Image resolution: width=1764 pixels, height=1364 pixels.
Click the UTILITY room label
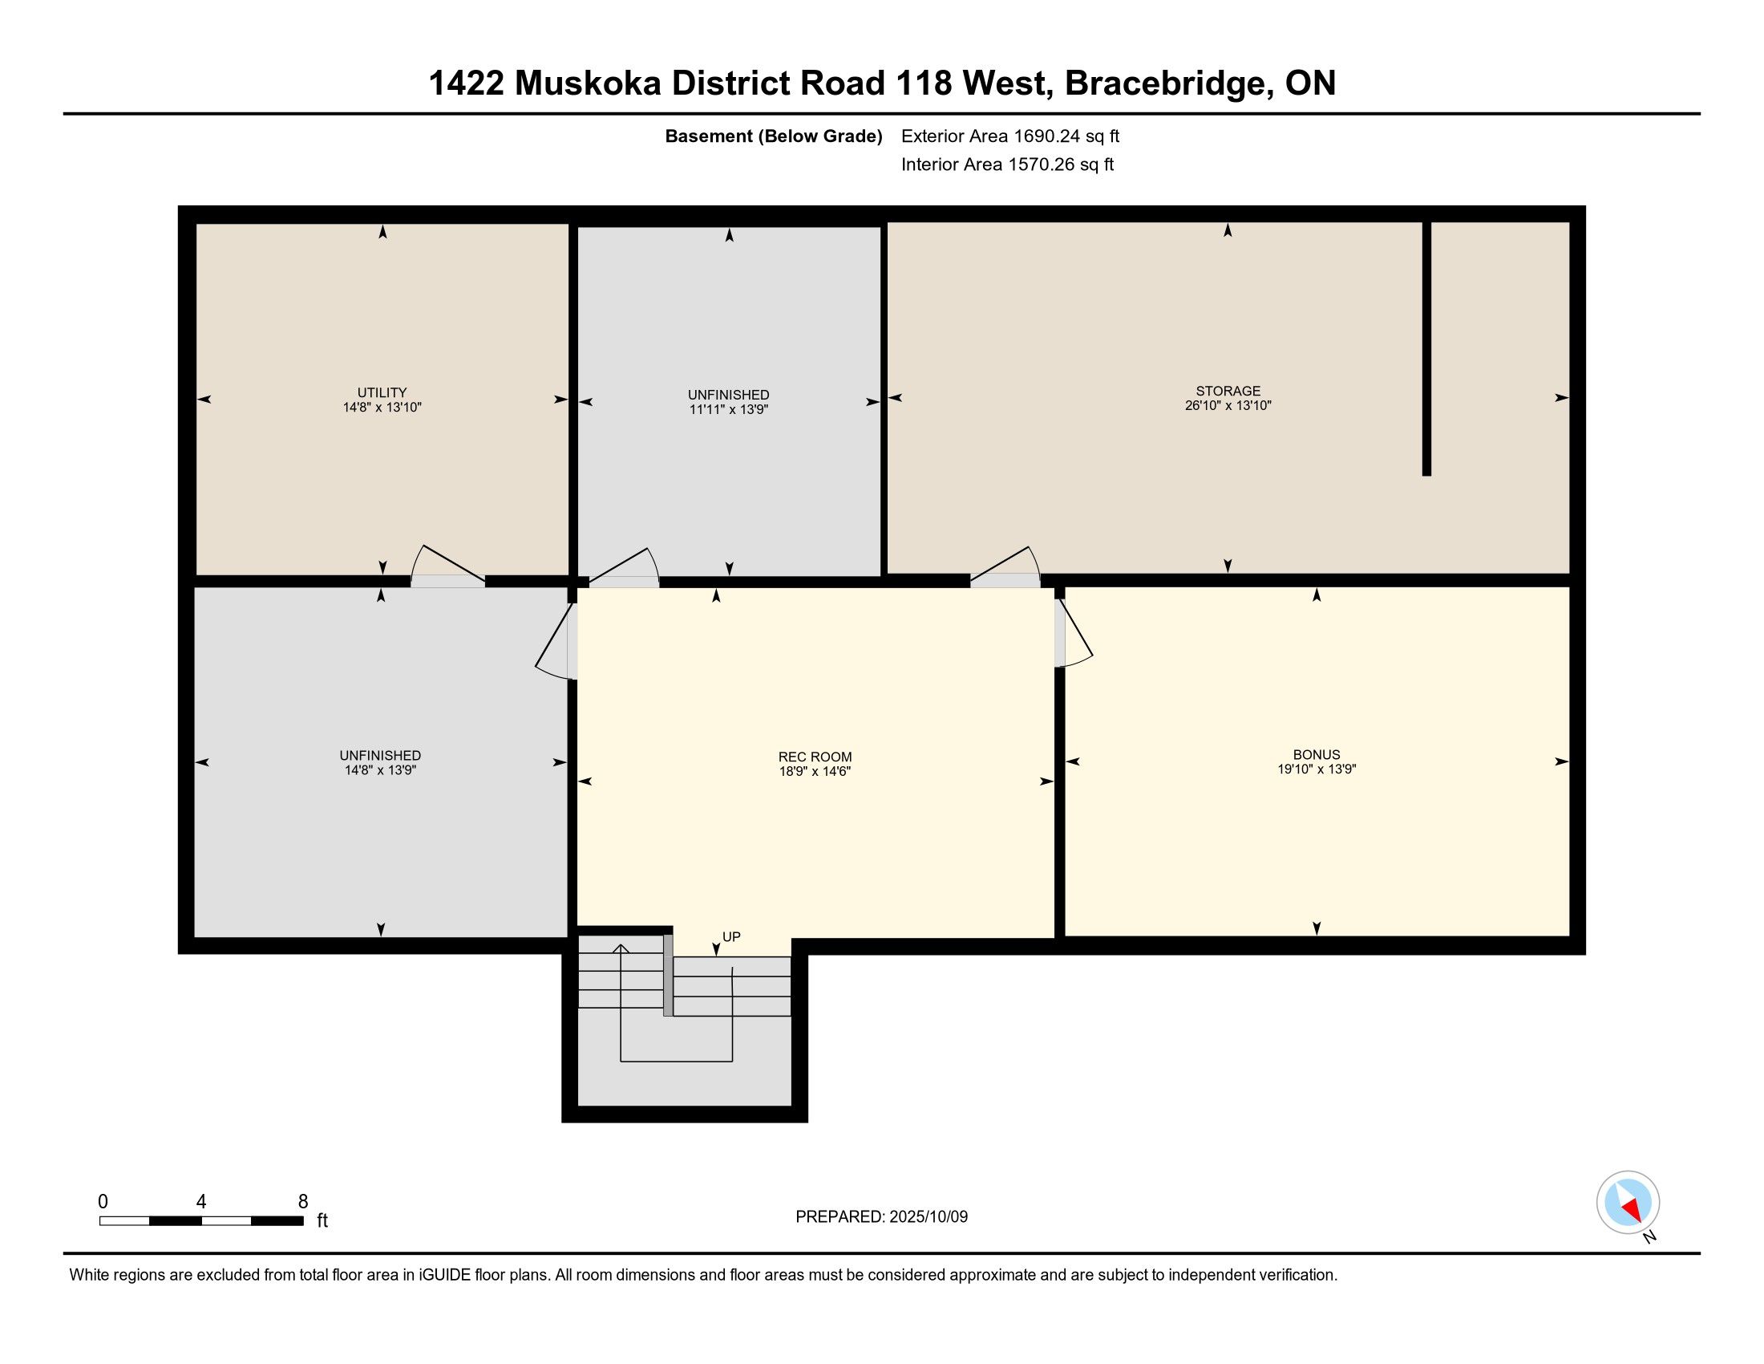382,392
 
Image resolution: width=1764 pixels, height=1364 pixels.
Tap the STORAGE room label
1228,391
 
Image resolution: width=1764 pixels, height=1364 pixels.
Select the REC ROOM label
815,757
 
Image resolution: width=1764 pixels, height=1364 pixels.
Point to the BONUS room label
1317,755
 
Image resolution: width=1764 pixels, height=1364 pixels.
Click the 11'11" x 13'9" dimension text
729,410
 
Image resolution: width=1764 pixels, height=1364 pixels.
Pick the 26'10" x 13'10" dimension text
1228,406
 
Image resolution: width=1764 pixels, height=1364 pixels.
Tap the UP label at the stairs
731,936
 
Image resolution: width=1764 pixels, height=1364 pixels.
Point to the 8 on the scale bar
303,1202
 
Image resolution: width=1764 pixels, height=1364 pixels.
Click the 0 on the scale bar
103,1202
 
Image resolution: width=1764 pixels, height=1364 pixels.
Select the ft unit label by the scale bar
322,1220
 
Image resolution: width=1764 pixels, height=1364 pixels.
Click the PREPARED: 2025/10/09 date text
881,1217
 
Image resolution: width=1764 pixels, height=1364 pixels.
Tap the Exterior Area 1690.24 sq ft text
1010,136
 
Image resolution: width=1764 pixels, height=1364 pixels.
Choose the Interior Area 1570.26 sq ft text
1007,164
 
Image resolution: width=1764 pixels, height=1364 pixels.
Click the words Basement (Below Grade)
773,136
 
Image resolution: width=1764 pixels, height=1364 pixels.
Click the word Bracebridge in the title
1166,83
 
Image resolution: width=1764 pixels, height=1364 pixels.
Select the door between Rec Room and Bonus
1074,634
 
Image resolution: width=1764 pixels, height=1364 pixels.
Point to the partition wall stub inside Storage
1426,348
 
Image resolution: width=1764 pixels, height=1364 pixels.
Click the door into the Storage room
1005,566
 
